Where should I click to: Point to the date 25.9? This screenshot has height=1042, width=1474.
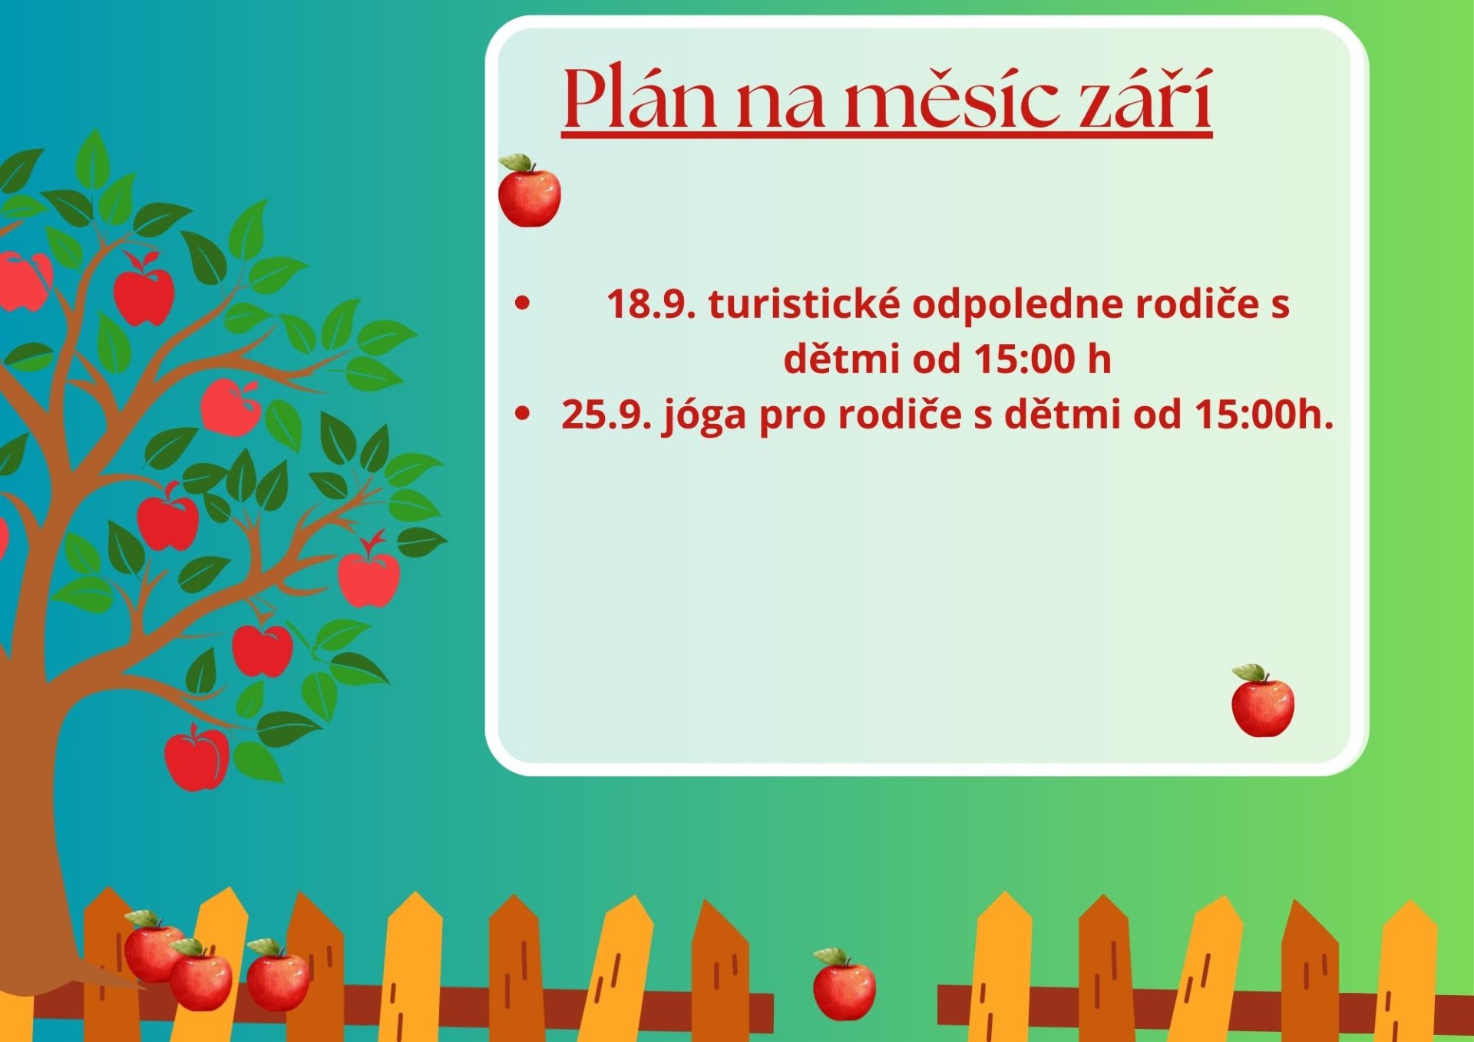point(606,415)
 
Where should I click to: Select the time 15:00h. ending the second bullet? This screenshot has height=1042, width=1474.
point(1264,415)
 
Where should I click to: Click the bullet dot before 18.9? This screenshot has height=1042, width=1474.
point(523,303)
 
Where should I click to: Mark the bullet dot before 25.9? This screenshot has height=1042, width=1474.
point(523,414)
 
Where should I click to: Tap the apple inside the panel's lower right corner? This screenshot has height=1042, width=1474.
point(1263,701)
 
